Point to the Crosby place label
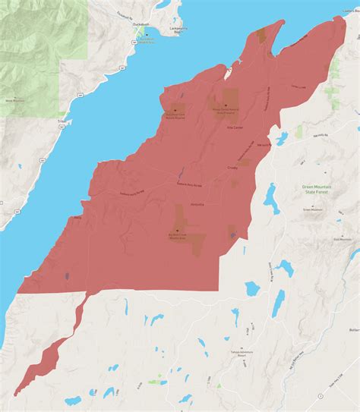(x=232, y=167)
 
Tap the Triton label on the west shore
(x=61, y=119)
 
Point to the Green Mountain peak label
(x=312, y=209)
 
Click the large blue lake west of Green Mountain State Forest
(x=271, y=197)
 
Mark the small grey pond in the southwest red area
(x=68, y=276)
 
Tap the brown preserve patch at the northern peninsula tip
(x=261, y=34)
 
